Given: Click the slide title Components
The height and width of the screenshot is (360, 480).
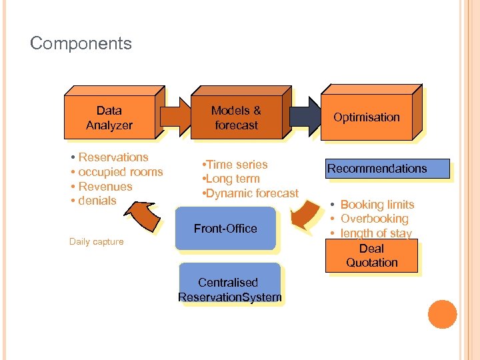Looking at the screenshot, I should [x=81, y=44].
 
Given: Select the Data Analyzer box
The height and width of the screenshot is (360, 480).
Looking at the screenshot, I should [x=109, y=118].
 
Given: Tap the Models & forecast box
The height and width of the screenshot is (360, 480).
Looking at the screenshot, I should [x=236, y=118].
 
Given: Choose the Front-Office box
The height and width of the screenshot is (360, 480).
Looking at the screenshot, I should [x=225, y=229].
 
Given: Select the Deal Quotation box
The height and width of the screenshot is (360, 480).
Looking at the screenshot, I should [x=371, y=256].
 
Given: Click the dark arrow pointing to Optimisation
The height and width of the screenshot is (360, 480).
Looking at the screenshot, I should [x=305, y=114].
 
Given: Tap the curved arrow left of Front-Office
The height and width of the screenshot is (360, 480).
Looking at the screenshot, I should [x=145, y=217].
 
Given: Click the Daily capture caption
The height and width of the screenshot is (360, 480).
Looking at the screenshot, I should [x=96, y=242].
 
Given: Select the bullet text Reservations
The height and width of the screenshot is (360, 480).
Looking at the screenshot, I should [x=113, y=157].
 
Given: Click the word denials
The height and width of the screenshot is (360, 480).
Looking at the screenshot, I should [x=97, y=201].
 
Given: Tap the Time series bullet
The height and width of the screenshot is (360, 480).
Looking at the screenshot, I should [x=236, y=165].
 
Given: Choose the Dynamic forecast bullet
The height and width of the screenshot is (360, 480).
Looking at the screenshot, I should [x=251, y=193].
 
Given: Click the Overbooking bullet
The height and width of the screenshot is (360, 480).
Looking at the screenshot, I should [x=374, y=219].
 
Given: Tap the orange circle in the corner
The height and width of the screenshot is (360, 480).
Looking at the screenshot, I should [x=442, y=314].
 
